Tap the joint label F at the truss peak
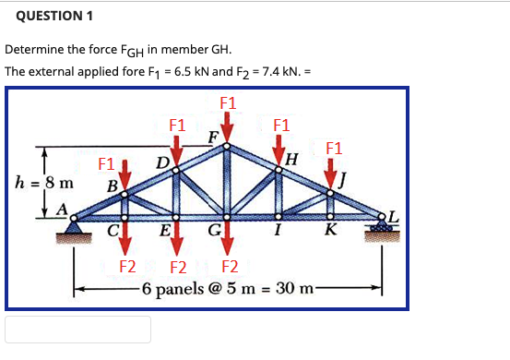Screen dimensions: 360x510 (213, 137)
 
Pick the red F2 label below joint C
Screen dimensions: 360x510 (129, 268)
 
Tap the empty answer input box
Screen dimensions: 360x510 (78, 330)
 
